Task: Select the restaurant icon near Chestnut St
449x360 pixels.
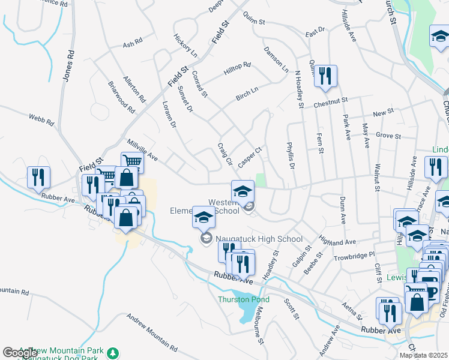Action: tap(325, 76)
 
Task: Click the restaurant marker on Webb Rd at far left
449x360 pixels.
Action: tap(38, 177)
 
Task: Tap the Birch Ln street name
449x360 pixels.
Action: tap(247, 92)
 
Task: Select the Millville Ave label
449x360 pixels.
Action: tap(142, 150)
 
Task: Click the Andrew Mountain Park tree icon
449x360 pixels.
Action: tap(112, 352)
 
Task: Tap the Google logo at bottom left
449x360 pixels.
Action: tap(20, 353)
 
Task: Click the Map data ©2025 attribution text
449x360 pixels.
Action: tap(423, 355)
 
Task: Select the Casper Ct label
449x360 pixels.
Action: tap(250, 157)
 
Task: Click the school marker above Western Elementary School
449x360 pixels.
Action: tap(243, 191)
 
